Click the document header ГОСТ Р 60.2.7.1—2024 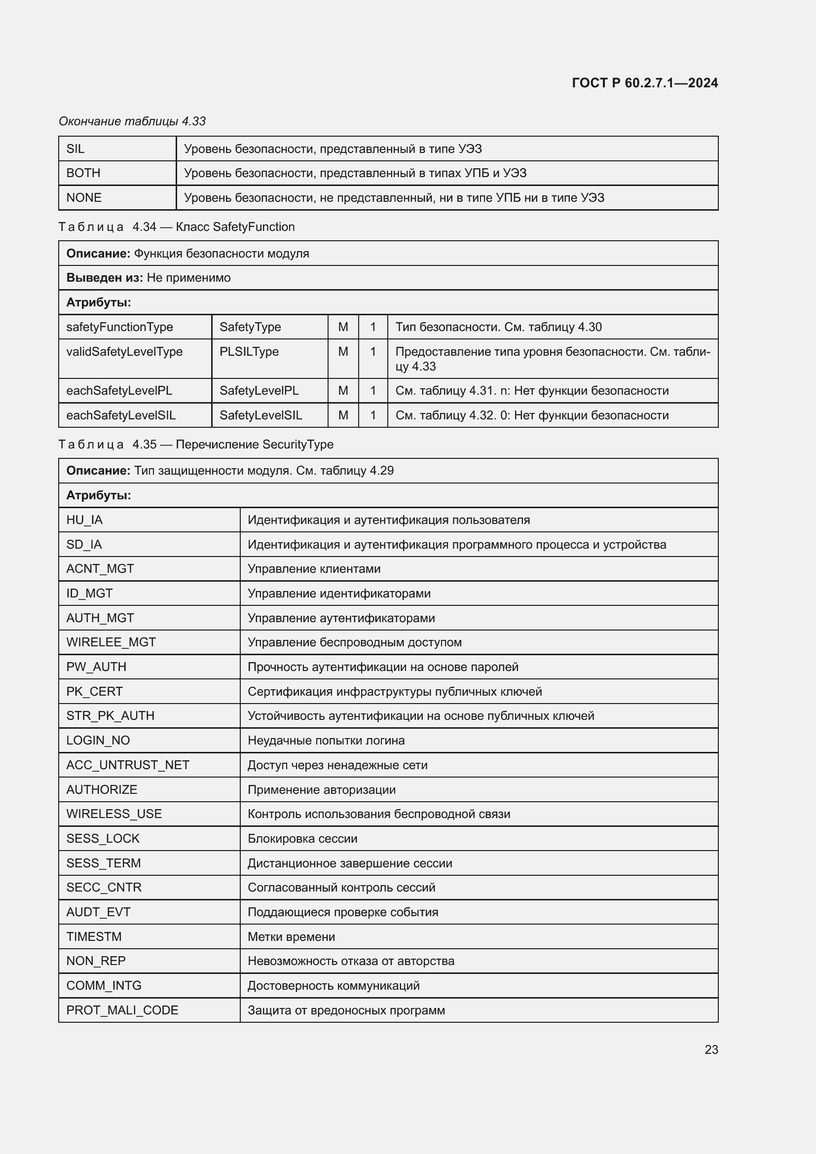coord(645,83)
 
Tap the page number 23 coord(711,1049)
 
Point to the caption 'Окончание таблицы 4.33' coord(132,121)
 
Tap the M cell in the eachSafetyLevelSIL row coord(343,415)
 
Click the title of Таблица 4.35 coord(196,445)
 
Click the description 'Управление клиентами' coord(314,569)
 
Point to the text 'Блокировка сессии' coord(302,838)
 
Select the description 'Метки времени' coord(292,936)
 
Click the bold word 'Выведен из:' coord(105,278)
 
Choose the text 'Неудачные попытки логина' coord(326,741)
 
